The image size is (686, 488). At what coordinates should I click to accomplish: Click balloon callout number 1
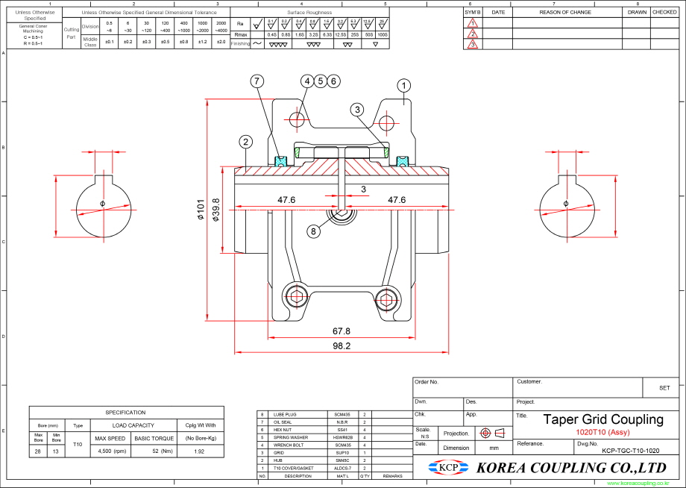[403, 86]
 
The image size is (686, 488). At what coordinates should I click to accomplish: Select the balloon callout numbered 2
[246, 141]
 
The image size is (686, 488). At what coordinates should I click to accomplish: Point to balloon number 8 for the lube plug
[314, 231]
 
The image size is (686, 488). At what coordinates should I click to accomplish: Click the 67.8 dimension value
[341, 331]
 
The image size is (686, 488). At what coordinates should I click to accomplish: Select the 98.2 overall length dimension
[342, 346]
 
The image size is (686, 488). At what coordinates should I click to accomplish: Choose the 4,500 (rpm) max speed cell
[111, 451]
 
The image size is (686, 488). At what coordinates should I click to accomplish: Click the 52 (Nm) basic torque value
[154, 451]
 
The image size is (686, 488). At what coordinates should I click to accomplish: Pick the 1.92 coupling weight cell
[200, 451]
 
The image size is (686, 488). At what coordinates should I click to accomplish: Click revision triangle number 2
[472, 34]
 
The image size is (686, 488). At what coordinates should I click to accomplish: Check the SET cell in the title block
[664, 388]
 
